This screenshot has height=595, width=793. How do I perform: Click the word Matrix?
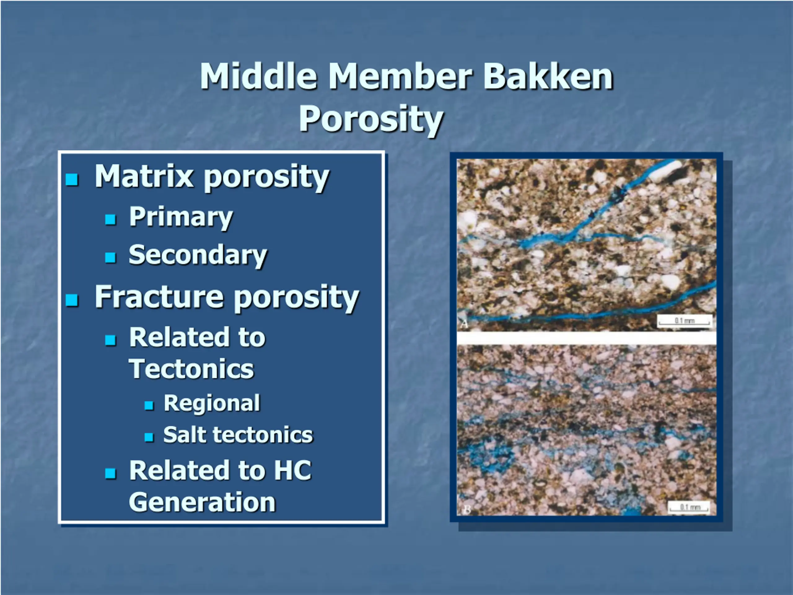[x=144, y=176]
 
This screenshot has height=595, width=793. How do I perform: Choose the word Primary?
[x=181, y=217]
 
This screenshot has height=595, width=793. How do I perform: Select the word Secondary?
[x=198, y=255]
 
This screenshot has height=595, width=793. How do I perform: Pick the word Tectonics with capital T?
[x=191, y=369]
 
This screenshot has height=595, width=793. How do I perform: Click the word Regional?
[x=212, y=403]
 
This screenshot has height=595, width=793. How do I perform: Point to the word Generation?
[x=202, y=502]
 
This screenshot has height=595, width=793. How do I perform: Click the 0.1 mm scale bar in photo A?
[x=684, y=321]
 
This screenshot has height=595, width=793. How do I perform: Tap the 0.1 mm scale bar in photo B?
[x=689, y=508]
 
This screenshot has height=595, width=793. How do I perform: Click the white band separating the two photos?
[x=586, y=338]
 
